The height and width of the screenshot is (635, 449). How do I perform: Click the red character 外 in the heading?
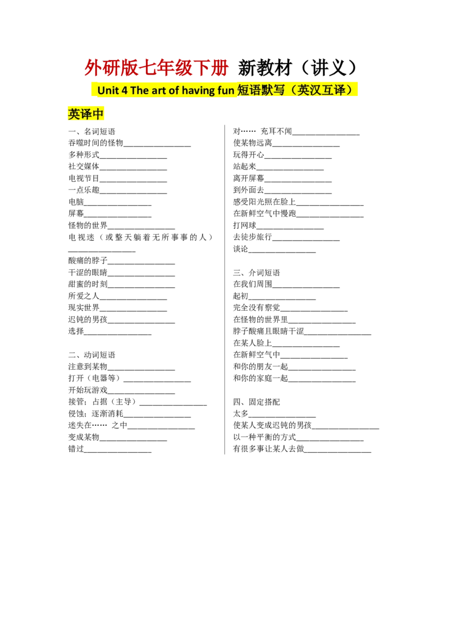pos(90,68)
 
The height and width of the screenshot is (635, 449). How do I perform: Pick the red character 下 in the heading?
pos(200,68)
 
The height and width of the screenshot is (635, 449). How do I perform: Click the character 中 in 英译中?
pos(99,114)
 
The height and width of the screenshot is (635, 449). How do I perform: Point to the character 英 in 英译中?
pos(74,114)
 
